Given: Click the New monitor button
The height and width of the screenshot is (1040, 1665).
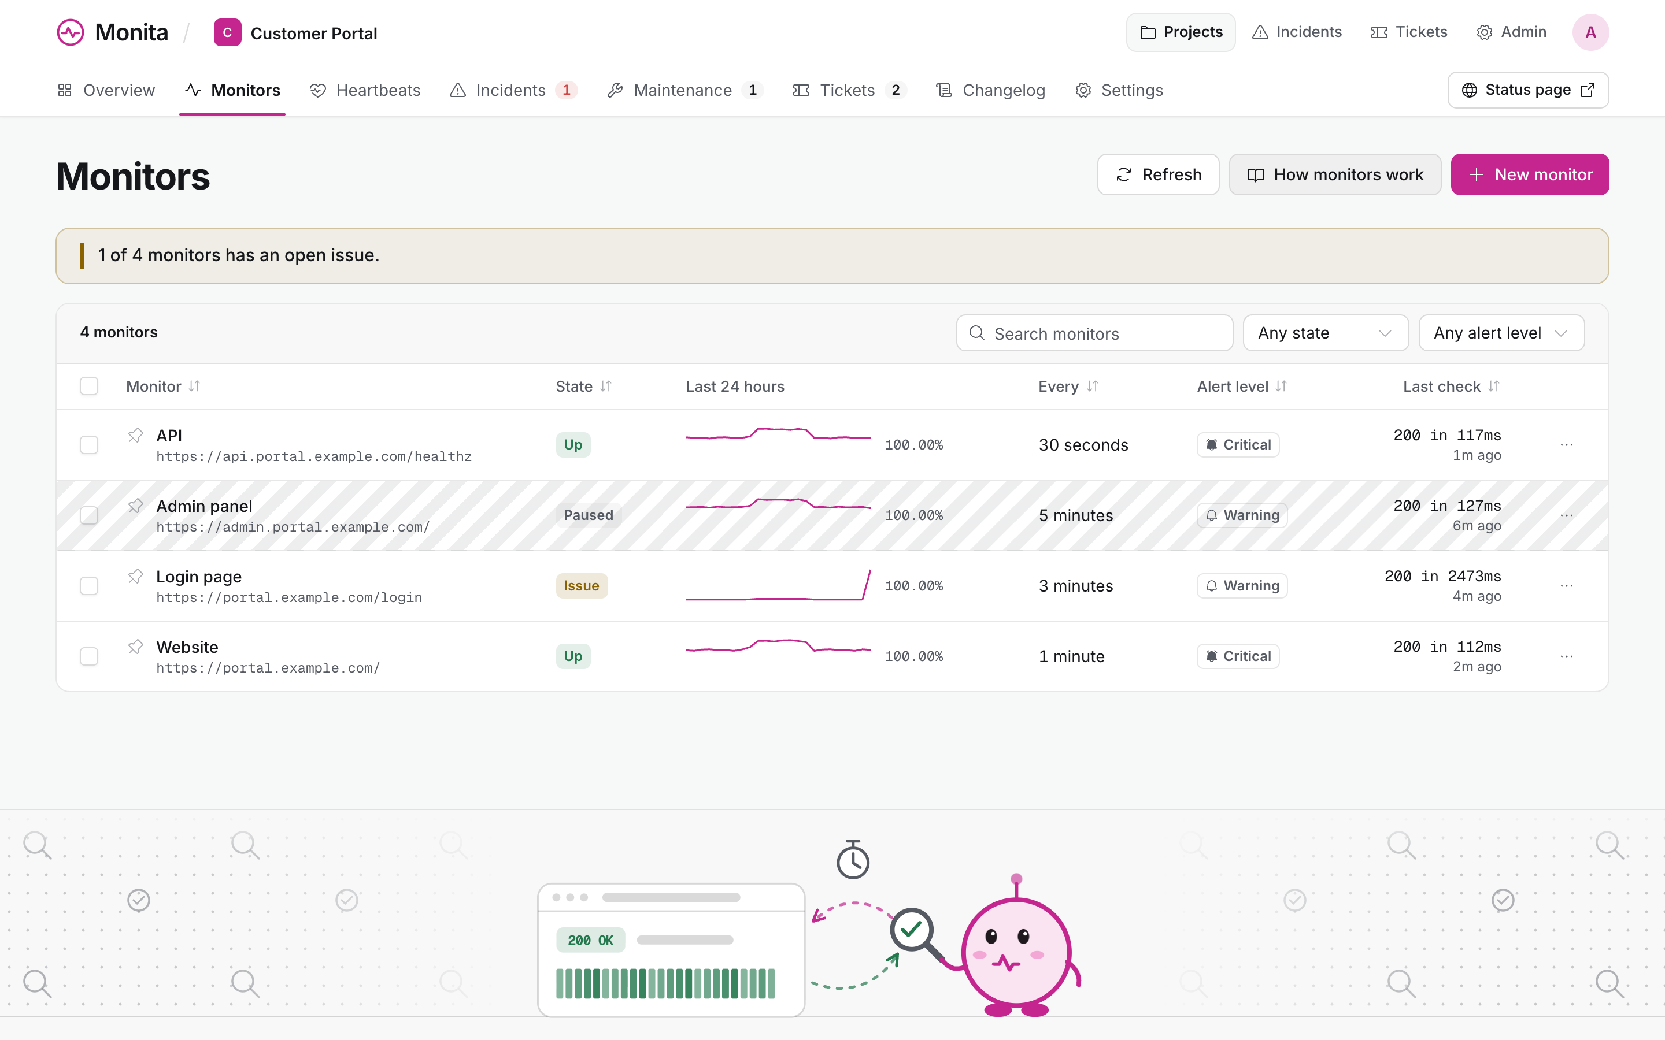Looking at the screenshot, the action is click(x=1530, y=174).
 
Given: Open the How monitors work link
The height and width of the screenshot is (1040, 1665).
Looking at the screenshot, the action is click(x=1335, y=174).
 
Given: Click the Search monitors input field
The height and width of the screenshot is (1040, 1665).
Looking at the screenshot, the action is click(x=1094, y=333).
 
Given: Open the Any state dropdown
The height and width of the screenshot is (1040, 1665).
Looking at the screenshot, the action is click(x=1325, y=333).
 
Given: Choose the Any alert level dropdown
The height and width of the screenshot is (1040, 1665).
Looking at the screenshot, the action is click(x=1501, y=333).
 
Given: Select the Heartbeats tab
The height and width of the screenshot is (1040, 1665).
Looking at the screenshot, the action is click(x=365, y=90).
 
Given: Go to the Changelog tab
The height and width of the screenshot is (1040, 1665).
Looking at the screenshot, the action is click(x=991, y=90).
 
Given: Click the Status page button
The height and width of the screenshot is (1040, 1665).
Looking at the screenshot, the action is click(x=1528, y=90).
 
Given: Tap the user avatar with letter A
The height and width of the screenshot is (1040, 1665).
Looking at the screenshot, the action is click(x=1590, y=32).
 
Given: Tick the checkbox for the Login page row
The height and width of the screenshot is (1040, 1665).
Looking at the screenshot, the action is click(x=89, y=586).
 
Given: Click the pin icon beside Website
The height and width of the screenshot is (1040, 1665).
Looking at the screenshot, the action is click(x=135, y=647).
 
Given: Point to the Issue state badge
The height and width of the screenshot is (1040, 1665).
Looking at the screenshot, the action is click(x=582, y=586).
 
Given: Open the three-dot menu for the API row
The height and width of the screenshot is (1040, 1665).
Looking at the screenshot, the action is click(x=1567, y=445).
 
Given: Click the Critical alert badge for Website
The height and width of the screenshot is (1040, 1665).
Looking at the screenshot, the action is click(x=1238, y=656).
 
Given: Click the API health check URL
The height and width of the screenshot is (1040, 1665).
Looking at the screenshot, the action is click(x=314, y=456).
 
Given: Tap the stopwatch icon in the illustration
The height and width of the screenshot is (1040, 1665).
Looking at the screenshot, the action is click(x=853, y=860).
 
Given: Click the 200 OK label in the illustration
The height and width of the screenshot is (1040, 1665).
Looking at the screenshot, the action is click(x=590, y=940).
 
